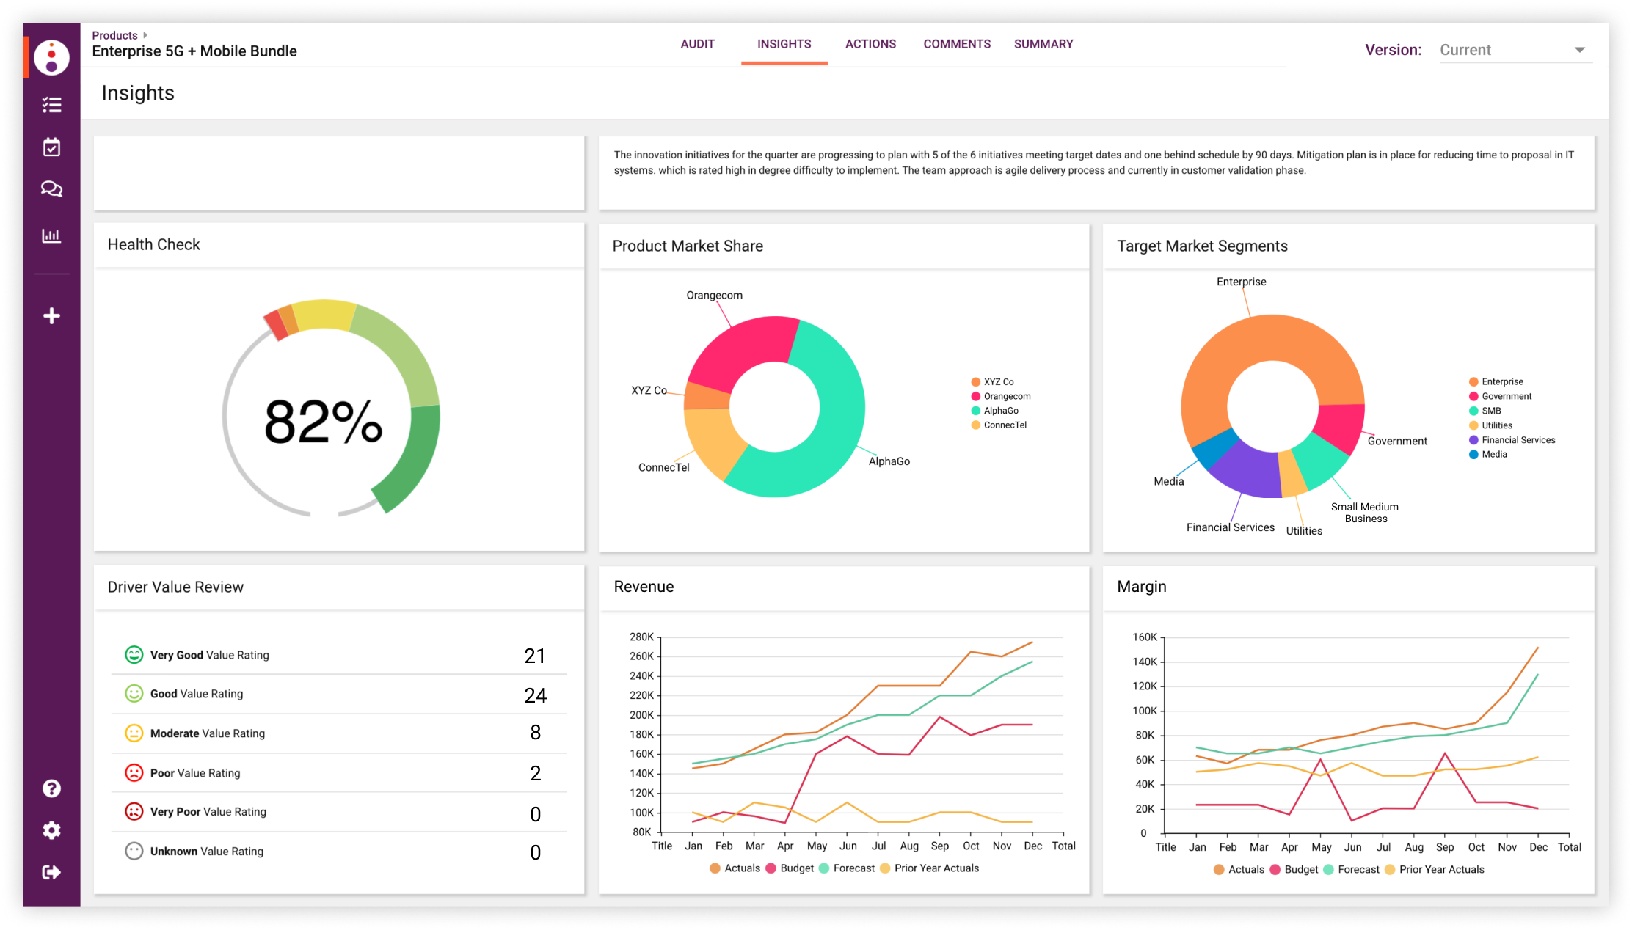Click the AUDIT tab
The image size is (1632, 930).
tap(697, 44)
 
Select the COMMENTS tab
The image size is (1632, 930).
tap(956, 44)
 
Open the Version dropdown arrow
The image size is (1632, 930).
tap(1579, 50)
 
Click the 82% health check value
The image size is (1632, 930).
tap(323, 422)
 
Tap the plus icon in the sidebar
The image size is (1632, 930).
tap(51, 316)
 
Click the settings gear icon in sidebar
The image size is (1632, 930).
tap(51, 830)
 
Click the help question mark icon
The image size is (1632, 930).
tap(51, 788)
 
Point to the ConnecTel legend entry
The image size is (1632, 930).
tap(1005, 425)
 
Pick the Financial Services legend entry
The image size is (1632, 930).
tap(1518, 440)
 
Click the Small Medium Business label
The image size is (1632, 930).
tap(1365, 513)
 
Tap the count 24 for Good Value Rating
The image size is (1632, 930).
tap(535, 695)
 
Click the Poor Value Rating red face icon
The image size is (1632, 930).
tap(134, 772)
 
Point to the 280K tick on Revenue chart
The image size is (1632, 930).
tap(641, 637)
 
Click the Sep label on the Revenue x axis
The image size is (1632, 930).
tap(939, 846)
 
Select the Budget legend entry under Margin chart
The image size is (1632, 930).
tap(1300, 869)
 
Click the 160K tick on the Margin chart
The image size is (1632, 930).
tap(1145, 637)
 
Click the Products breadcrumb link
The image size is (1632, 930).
tap(115, 35)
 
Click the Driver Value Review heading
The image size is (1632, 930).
tap(175, 587)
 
